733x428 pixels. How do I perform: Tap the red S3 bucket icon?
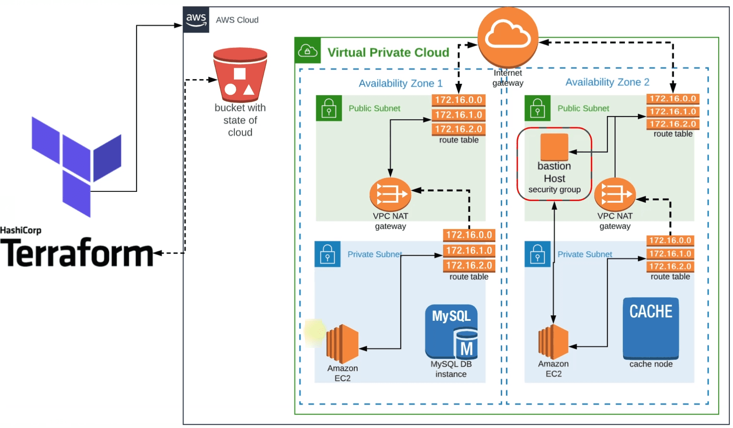(240, 75)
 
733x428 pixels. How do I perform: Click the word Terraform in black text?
(77, 253)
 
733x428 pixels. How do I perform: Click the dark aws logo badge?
(196, 20)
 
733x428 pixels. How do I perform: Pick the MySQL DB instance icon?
(451, 332)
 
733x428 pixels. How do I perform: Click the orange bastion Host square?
(554, 147)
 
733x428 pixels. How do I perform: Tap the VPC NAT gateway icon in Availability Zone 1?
(390, 194)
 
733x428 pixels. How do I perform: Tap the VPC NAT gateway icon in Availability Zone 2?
(614, 194)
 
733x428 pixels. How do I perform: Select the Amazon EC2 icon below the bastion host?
(553, 342)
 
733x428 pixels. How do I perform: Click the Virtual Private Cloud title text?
(388, 53)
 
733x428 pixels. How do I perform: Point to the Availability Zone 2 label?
(607, 82)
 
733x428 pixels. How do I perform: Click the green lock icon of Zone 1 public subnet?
(329, 108)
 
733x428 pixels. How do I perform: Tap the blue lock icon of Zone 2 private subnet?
(537, 254)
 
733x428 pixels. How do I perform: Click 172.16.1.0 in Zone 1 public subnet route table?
(458, 115)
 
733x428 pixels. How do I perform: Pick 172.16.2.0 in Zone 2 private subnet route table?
(670, 266)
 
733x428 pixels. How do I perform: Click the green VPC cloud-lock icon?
(307, 50)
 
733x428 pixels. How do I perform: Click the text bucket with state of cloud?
(240, 120)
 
